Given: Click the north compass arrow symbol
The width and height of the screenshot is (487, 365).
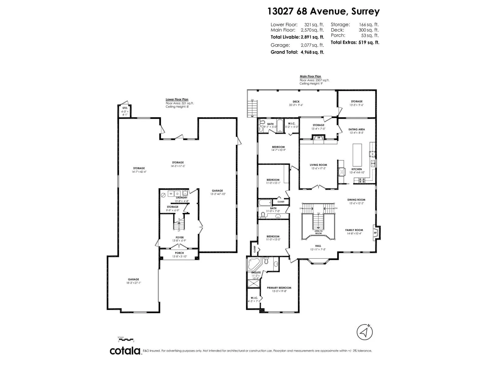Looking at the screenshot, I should (365, 332).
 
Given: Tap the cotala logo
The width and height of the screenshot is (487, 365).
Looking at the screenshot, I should (125, 351).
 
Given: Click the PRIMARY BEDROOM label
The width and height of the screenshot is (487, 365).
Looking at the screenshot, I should (279, 288).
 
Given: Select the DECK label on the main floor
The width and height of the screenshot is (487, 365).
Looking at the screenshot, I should (296, 102).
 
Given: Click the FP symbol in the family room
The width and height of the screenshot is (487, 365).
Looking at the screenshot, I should (375, 233).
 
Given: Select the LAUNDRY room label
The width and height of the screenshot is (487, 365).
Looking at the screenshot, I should (182, 198).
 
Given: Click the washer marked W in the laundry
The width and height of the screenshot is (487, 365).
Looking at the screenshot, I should (171, 194).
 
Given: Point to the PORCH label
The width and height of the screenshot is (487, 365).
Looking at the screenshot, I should (179, 253).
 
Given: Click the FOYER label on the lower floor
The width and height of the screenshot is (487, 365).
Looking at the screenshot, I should (180, 238).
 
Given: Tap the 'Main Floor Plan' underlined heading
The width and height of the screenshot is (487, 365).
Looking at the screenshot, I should (310, 77).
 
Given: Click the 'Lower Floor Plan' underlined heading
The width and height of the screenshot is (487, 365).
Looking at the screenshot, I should (177, 99).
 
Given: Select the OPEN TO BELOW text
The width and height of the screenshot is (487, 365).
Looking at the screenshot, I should (318, 232).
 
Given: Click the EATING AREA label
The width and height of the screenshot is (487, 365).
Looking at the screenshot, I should (357, 129).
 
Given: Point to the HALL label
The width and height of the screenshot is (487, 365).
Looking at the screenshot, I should (318, 246).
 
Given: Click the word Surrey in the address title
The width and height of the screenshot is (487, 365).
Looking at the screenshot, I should (365, 11).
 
